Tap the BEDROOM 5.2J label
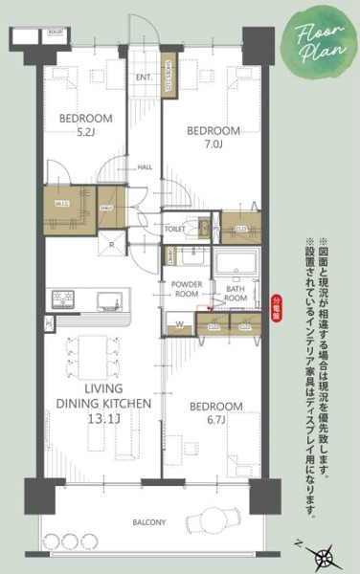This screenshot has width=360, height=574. [85, 124]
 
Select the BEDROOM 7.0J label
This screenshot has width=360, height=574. [212, 136]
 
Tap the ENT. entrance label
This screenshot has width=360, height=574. [146, 77]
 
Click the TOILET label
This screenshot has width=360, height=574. [174, 230]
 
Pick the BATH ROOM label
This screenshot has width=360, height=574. [237, 293]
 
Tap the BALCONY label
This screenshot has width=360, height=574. [147, 522]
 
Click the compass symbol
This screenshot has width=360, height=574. [326, 554]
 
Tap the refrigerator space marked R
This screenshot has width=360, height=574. [112, 244]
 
